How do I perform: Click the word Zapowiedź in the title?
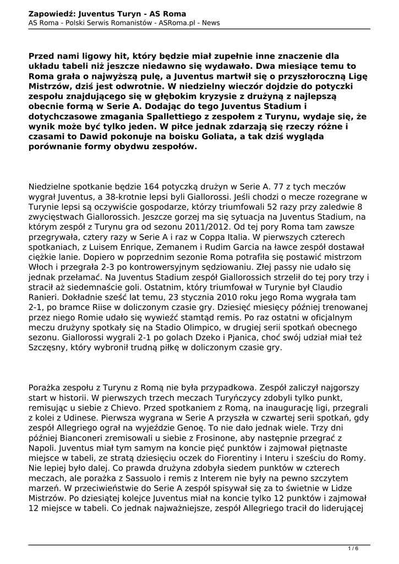(52, 13)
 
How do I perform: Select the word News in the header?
(210, 23)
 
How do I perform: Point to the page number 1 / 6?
(353, 547)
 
